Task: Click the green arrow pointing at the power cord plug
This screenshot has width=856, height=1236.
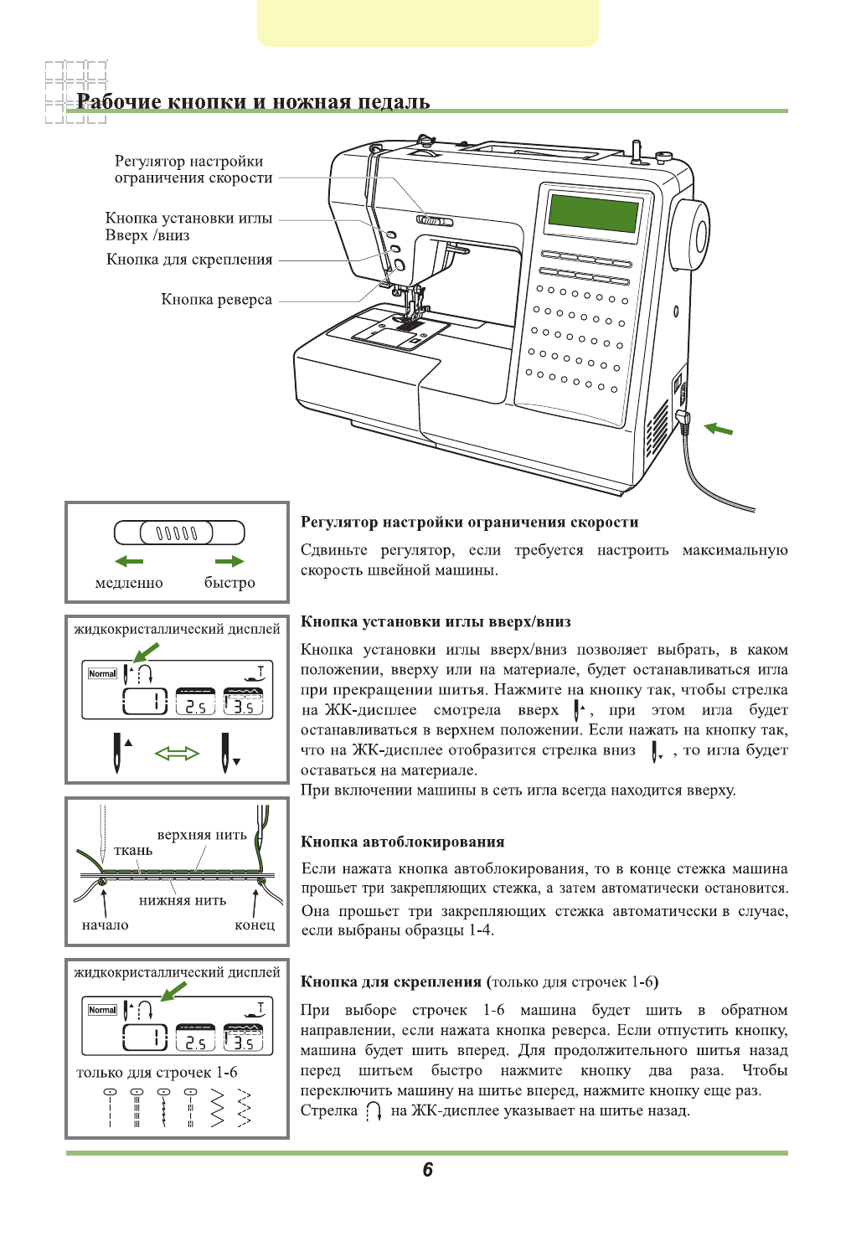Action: click(x=718, y=430)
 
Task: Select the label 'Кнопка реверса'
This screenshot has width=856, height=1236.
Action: click(x=216, y=300)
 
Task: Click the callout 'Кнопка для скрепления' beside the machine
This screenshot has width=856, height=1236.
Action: click(x=189, y=260)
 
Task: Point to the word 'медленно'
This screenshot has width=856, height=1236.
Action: click(x=129, y=583)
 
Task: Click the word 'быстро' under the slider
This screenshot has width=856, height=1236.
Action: click(x=229, y=583)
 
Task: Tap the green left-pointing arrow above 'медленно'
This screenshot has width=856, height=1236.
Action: click(x=129, y=561)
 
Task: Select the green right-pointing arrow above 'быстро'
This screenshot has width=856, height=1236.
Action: click(x=229, y=561)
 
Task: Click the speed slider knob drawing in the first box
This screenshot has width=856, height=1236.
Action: click(x=177, y=533)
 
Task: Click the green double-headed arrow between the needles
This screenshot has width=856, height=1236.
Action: click(x=178, y=754)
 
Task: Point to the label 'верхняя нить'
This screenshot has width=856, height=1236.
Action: click(x=202, y=835)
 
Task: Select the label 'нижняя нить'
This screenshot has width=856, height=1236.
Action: click(x=183, y=901)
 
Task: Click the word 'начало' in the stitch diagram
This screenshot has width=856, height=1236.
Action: click(x=106, y=925)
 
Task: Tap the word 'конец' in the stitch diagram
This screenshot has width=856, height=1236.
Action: click(x=255, y=925)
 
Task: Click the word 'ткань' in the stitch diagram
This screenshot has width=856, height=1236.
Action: click(x=133, y=851)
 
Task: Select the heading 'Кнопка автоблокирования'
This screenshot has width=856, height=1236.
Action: click(x=402, y=842)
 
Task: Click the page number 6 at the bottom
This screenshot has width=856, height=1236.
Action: click(x=428, y=1170)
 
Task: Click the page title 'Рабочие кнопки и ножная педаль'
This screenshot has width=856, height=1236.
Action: click(x=253, y=102)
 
